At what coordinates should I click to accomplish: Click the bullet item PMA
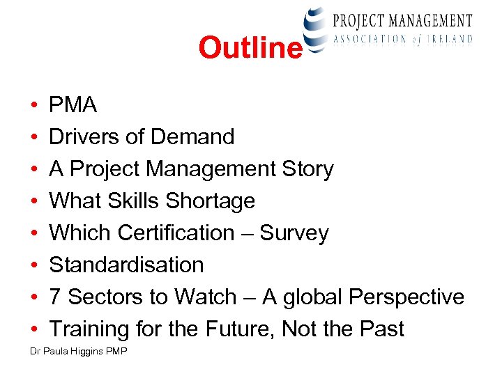pyautogui.click(x=73, y=105)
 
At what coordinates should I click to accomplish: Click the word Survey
pyautogui.click(x=294, y=234)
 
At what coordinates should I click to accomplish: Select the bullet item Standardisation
pyautogui.click(x=126, y=265)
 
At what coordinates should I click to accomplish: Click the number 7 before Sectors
pyautogui.click(x=55, y=297)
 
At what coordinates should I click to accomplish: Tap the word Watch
pyautogui.click(x=206, y=297)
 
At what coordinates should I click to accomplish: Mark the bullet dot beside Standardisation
pyautogui.click(x=34, y=266)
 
